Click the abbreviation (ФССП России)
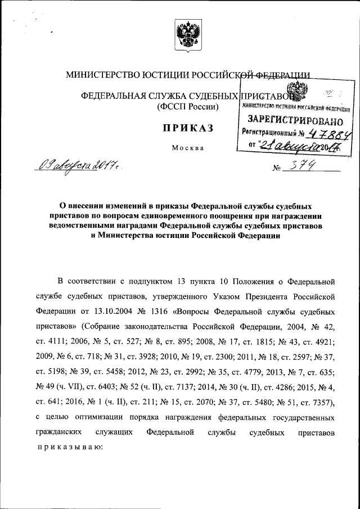tap(188, 106)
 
